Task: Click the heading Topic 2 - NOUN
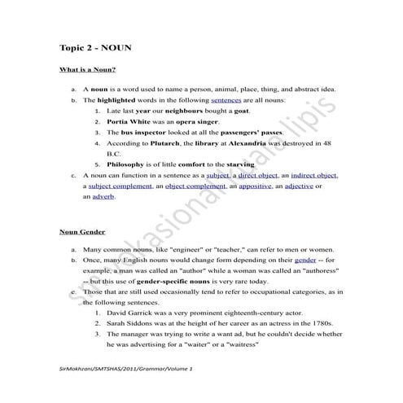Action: (96, 49)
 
